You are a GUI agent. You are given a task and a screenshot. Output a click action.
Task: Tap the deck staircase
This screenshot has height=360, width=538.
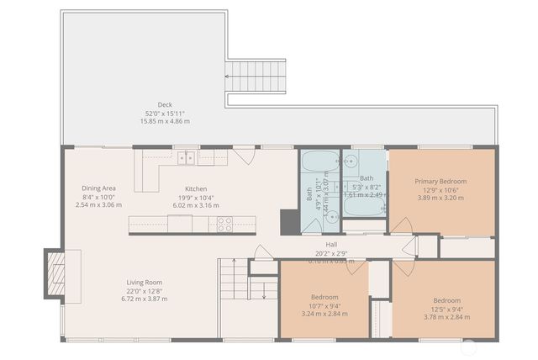point(257,77)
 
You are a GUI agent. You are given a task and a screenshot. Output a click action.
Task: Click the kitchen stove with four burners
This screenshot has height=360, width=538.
point(225,224)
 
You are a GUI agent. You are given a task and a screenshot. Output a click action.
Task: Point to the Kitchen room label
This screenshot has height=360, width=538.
point(196,188)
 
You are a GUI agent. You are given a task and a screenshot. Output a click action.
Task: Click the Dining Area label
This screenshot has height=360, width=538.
point(98,188)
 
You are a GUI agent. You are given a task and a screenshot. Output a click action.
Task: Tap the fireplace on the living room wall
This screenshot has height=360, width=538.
point(55,274)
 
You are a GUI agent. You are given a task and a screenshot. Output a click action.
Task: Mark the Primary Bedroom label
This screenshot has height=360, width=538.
point(440,181)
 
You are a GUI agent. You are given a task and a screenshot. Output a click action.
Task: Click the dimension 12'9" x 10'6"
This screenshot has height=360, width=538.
point(440,189)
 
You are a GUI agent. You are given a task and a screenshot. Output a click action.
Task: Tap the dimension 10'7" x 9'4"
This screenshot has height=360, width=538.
point(324,305)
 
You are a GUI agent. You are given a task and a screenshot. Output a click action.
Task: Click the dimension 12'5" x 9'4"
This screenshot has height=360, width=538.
point(446,309)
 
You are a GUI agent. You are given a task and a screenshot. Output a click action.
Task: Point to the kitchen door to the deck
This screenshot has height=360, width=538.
point(245,155)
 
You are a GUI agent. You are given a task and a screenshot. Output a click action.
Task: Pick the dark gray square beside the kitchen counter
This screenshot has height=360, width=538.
point(288,221)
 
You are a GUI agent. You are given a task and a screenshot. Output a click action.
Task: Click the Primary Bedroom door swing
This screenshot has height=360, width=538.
point(401,225)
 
